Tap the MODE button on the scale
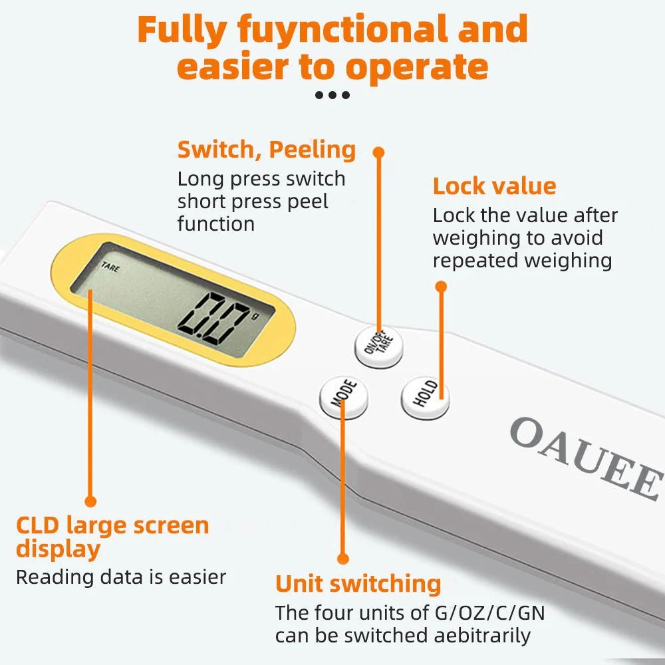coord(343,398)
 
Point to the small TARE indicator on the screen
coord(110,268)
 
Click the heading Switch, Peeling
coord(266,150)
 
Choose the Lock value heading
coord(494,186)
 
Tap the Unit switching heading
coord(358,584)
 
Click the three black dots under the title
coord(332,95)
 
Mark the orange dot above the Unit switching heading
coord(343,559)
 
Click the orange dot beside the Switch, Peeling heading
coord(379,152)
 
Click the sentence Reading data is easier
coord(121,577)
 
